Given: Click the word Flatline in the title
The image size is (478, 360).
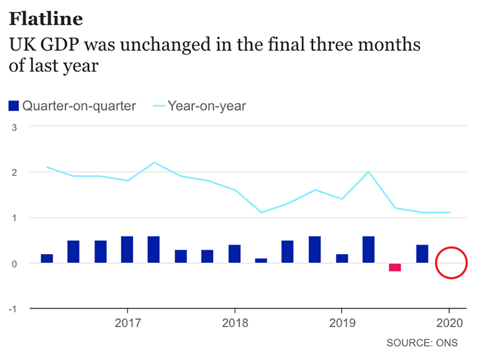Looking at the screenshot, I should point(46,19).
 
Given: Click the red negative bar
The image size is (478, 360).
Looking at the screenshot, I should point(395,267).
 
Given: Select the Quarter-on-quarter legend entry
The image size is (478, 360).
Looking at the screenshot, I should point(79,106).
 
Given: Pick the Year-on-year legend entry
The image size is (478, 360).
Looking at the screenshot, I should point(207,106).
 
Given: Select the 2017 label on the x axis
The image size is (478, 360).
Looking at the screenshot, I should point(127,323).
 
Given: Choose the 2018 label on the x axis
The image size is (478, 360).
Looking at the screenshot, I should point(235,323).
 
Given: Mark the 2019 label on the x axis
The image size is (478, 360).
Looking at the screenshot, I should point(341,323).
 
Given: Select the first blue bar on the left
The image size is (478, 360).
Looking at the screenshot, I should point(47,258).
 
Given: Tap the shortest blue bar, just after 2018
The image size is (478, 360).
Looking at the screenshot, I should point(261,261).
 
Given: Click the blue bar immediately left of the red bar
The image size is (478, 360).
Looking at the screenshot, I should point(368,249).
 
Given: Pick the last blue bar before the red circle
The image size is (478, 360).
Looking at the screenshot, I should point(422,254).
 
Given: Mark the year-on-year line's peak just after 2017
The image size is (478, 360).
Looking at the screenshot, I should point(154,163).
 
